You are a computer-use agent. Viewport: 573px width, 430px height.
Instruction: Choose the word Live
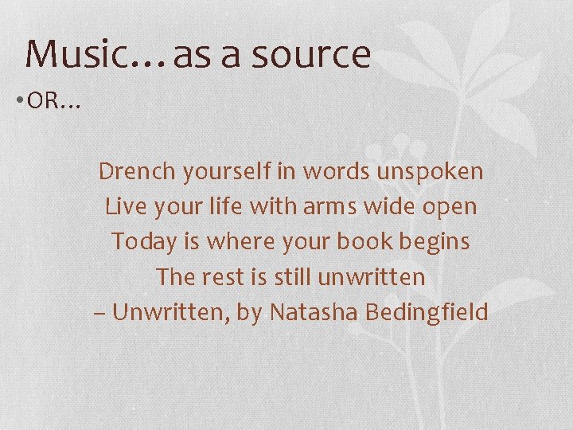[123, 207]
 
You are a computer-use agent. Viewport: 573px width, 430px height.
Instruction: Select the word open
[450, 207]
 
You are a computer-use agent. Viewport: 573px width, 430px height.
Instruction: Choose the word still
[292, 277]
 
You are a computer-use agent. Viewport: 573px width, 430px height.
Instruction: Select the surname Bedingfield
[427, 312]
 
